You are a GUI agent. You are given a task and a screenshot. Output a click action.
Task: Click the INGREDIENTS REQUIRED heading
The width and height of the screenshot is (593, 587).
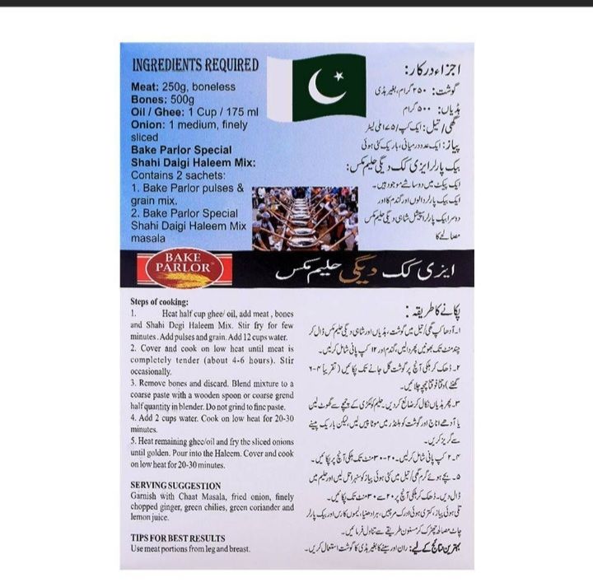pos(196,64)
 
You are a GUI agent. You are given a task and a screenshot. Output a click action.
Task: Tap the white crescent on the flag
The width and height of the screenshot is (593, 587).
pos(324,87)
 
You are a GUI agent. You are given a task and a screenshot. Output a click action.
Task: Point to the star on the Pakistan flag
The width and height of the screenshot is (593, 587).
pos(337,77)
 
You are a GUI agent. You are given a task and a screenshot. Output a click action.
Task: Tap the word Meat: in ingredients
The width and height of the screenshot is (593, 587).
pos(146,86)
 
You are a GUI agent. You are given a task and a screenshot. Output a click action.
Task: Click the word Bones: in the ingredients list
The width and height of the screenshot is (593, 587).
pos(149,99)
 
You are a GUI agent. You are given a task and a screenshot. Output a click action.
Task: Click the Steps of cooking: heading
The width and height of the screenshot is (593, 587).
pos(162,301)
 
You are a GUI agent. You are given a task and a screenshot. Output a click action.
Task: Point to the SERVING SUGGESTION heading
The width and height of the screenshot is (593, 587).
pos(175,485)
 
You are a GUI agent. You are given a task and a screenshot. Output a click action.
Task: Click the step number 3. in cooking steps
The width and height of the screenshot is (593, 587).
pos(134,384)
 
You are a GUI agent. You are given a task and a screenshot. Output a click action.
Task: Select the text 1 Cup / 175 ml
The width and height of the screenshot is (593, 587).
pos(226,112)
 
